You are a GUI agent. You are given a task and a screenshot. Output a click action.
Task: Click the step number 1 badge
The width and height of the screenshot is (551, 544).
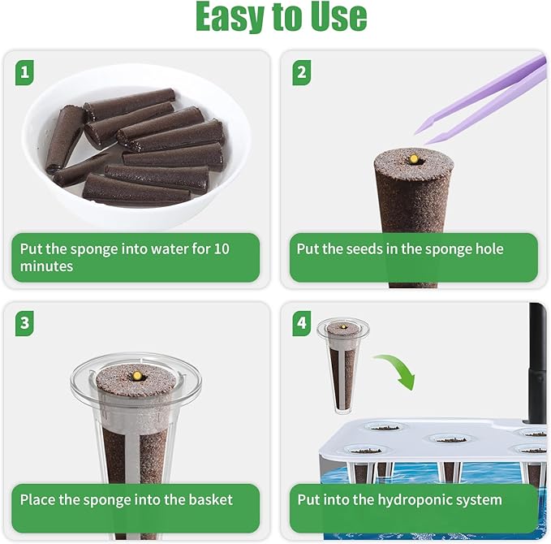coord(25,73)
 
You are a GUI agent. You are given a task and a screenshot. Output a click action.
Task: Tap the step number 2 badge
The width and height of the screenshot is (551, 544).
coord(301,73)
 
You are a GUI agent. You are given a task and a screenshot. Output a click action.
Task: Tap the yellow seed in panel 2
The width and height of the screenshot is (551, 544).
coord(413,158)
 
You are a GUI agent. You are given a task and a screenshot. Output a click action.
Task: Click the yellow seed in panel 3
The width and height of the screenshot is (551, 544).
coord(136,377)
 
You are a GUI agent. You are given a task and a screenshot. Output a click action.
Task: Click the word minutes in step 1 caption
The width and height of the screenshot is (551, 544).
coord(46,266)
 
